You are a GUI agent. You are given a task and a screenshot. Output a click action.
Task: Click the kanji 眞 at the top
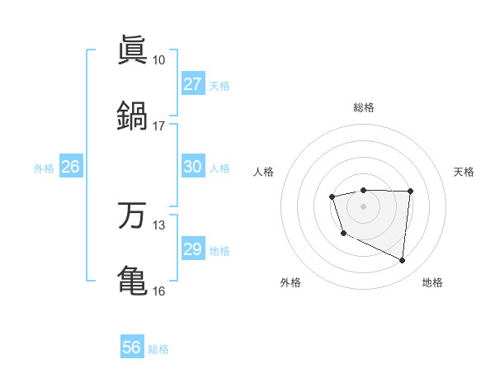pos(132,50)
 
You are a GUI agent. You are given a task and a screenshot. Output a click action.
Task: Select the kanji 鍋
pos(132,116)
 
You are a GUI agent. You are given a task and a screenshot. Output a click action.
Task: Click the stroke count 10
pos(158,60)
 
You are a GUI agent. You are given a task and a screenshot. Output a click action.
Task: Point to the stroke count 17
pos(158,125)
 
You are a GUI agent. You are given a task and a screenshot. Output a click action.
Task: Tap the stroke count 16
pos(158,291)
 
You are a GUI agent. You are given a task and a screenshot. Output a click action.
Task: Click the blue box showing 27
pos(192,84)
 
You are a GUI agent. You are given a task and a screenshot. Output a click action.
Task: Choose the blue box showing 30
pos(192,167)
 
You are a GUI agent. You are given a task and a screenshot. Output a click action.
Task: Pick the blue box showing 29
pos(192,249)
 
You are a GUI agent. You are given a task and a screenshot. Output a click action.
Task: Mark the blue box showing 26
pos(70,167)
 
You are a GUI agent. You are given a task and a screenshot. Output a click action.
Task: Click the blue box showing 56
pos(131,348)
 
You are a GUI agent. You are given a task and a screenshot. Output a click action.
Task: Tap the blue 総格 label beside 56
pos(158,349)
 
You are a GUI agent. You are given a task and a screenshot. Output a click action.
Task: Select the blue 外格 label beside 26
pos(44,168)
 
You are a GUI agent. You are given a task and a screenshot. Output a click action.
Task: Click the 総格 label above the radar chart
pos(363,107)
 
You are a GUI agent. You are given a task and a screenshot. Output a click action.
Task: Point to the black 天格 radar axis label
pos(464,172)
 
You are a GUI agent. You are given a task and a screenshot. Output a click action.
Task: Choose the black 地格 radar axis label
pos(432,282)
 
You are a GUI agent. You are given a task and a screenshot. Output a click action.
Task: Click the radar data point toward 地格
pos(403,261)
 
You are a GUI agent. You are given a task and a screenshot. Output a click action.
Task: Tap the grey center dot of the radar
pos(363,206)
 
